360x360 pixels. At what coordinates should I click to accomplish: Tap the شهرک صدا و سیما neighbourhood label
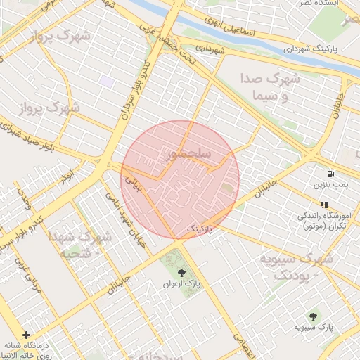pos(269,87)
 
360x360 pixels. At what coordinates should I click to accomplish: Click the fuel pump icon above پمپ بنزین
pos(329,173)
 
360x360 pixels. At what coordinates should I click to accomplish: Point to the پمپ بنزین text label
pos(330,185)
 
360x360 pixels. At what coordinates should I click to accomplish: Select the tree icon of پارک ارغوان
pos(182,270)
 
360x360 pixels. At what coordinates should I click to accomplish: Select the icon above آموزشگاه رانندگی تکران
pos(323,204)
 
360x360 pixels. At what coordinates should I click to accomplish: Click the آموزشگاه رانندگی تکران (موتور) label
pos(325,221)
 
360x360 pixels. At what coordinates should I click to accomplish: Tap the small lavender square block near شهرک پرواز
pos(107,81)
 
